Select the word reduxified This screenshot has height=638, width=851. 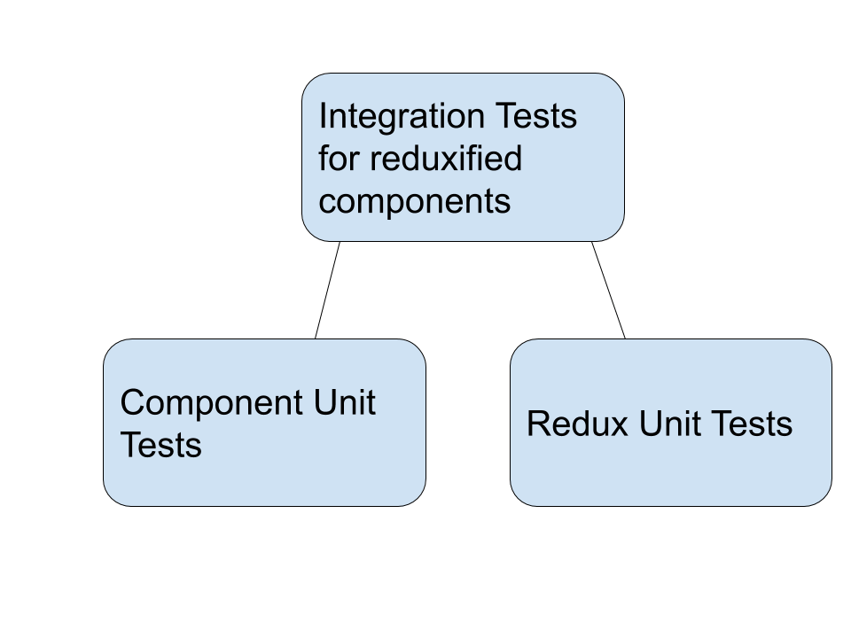446,159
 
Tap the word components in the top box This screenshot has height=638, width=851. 414,202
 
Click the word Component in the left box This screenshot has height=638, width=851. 203,403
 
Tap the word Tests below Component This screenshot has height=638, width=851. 160,445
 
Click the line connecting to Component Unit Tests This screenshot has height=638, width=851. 327,290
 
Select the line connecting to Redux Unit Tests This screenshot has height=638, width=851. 608,290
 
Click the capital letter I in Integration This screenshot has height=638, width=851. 323,116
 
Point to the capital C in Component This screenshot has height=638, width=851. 132,403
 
